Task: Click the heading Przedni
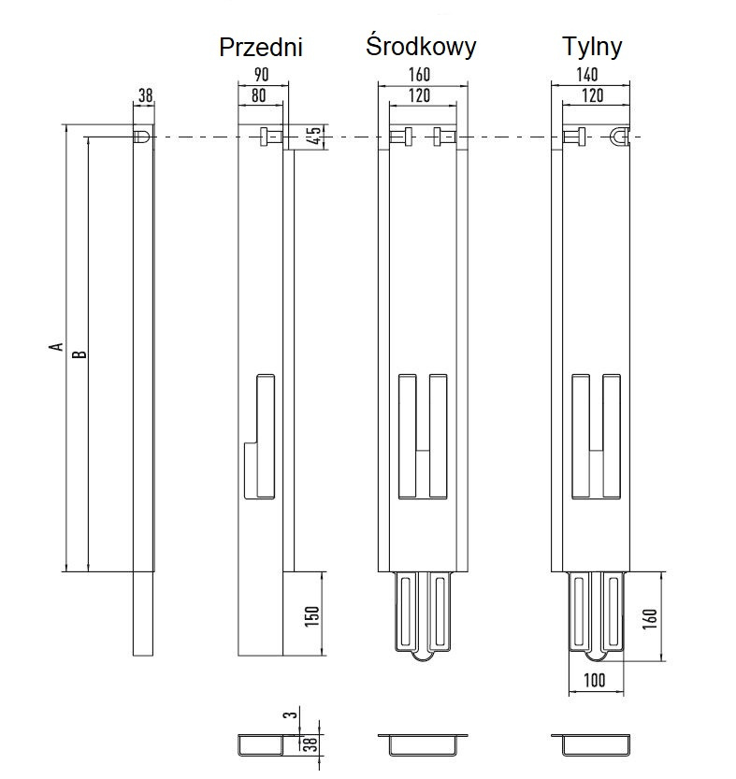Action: click(x=261, y=48)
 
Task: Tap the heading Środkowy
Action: click(x=421, y=46)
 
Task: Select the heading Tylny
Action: click(x=592, y=46)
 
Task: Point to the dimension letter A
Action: click(x=57, y=348)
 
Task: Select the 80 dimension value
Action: click(x=259, y=94)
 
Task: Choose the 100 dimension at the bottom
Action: click(x=597, y=679)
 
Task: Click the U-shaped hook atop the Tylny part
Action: click(x=619, y=137)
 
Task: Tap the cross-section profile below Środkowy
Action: click(x=421, y=744)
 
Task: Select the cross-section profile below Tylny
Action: click(x=593, y=744)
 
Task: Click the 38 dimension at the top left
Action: click(x=144, y=94)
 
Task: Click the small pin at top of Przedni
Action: click(x=268, y=137)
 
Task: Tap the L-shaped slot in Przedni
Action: click(x=259, y=435)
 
